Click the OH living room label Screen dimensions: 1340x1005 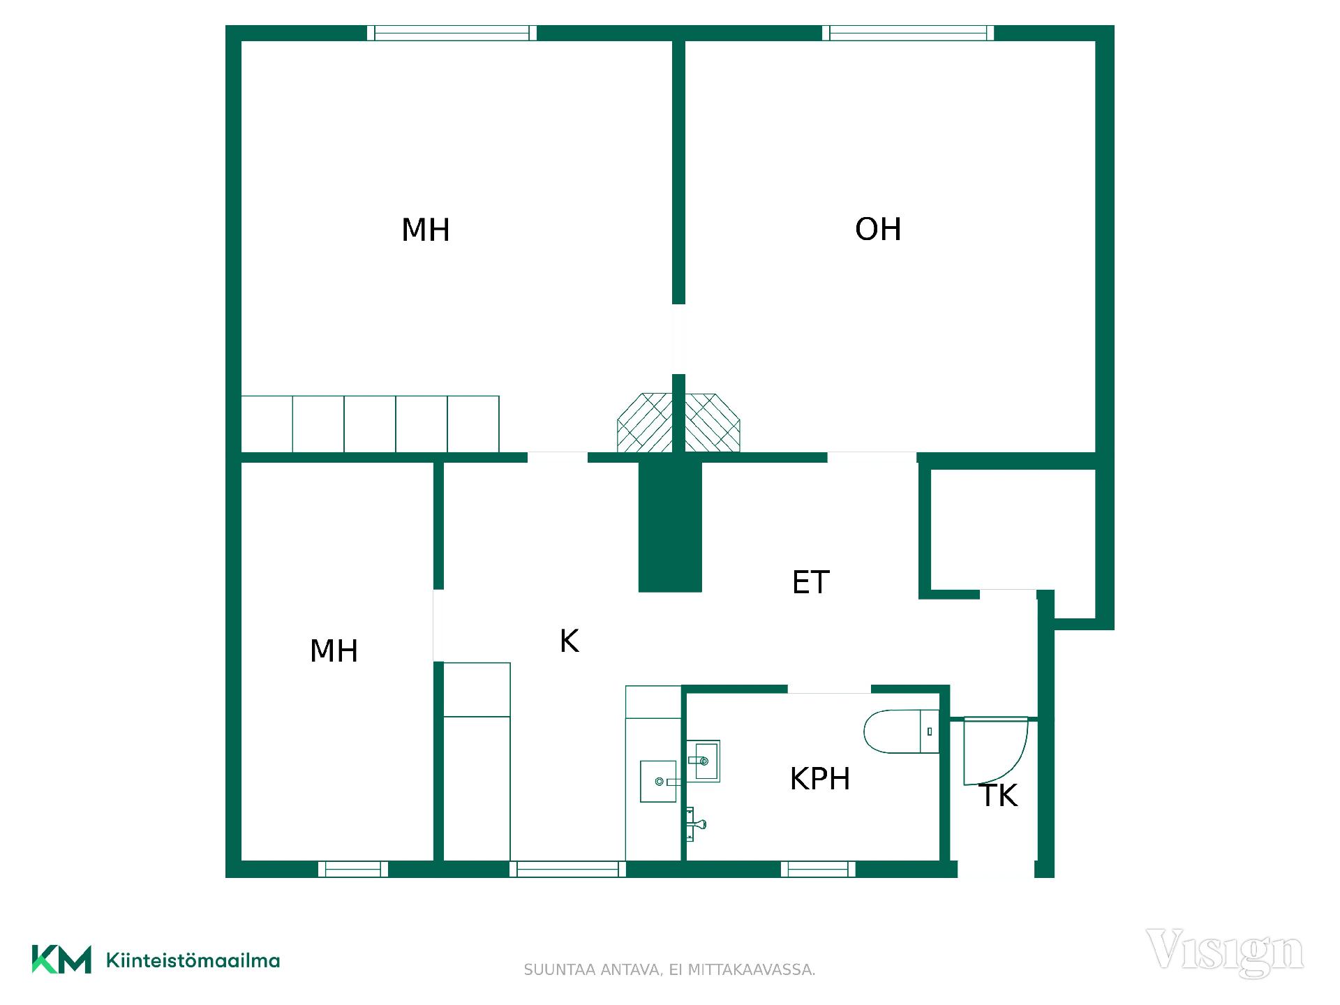[x=878, y=230]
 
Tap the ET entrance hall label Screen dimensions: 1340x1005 [x=810, y=582]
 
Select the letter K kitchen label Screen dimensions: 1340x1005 [x=569, y=641]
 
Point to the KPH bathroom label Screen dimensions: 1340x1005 [x=820, y=779]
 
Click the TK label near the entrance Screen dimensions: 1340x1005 [x=999, y=796]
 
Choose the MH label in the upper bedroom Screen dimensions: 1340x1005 [x=426, y=230]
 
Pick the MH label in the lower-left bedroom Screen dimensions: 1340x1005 [x=334, y=651]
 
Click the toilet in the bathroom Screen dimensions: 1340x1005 [x=901, y=731]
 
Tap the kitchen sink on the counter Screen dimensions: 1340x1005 [x=659, y=782]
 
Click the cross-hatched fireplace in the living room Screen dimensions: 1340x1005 [x=713, y=422]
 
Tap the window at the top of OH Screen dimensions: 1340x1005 [x=908, y=33]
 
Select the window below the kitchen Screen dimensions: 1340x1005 [x=567, y=869]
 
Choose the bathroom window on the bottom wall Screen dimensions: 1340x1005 [x=818, y=869]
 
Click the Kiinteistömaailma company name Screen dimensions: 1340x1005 [x=193, y=960]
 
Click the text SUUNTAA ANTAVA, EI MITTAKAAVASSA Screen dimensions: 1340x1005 [x=669, y=970]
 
